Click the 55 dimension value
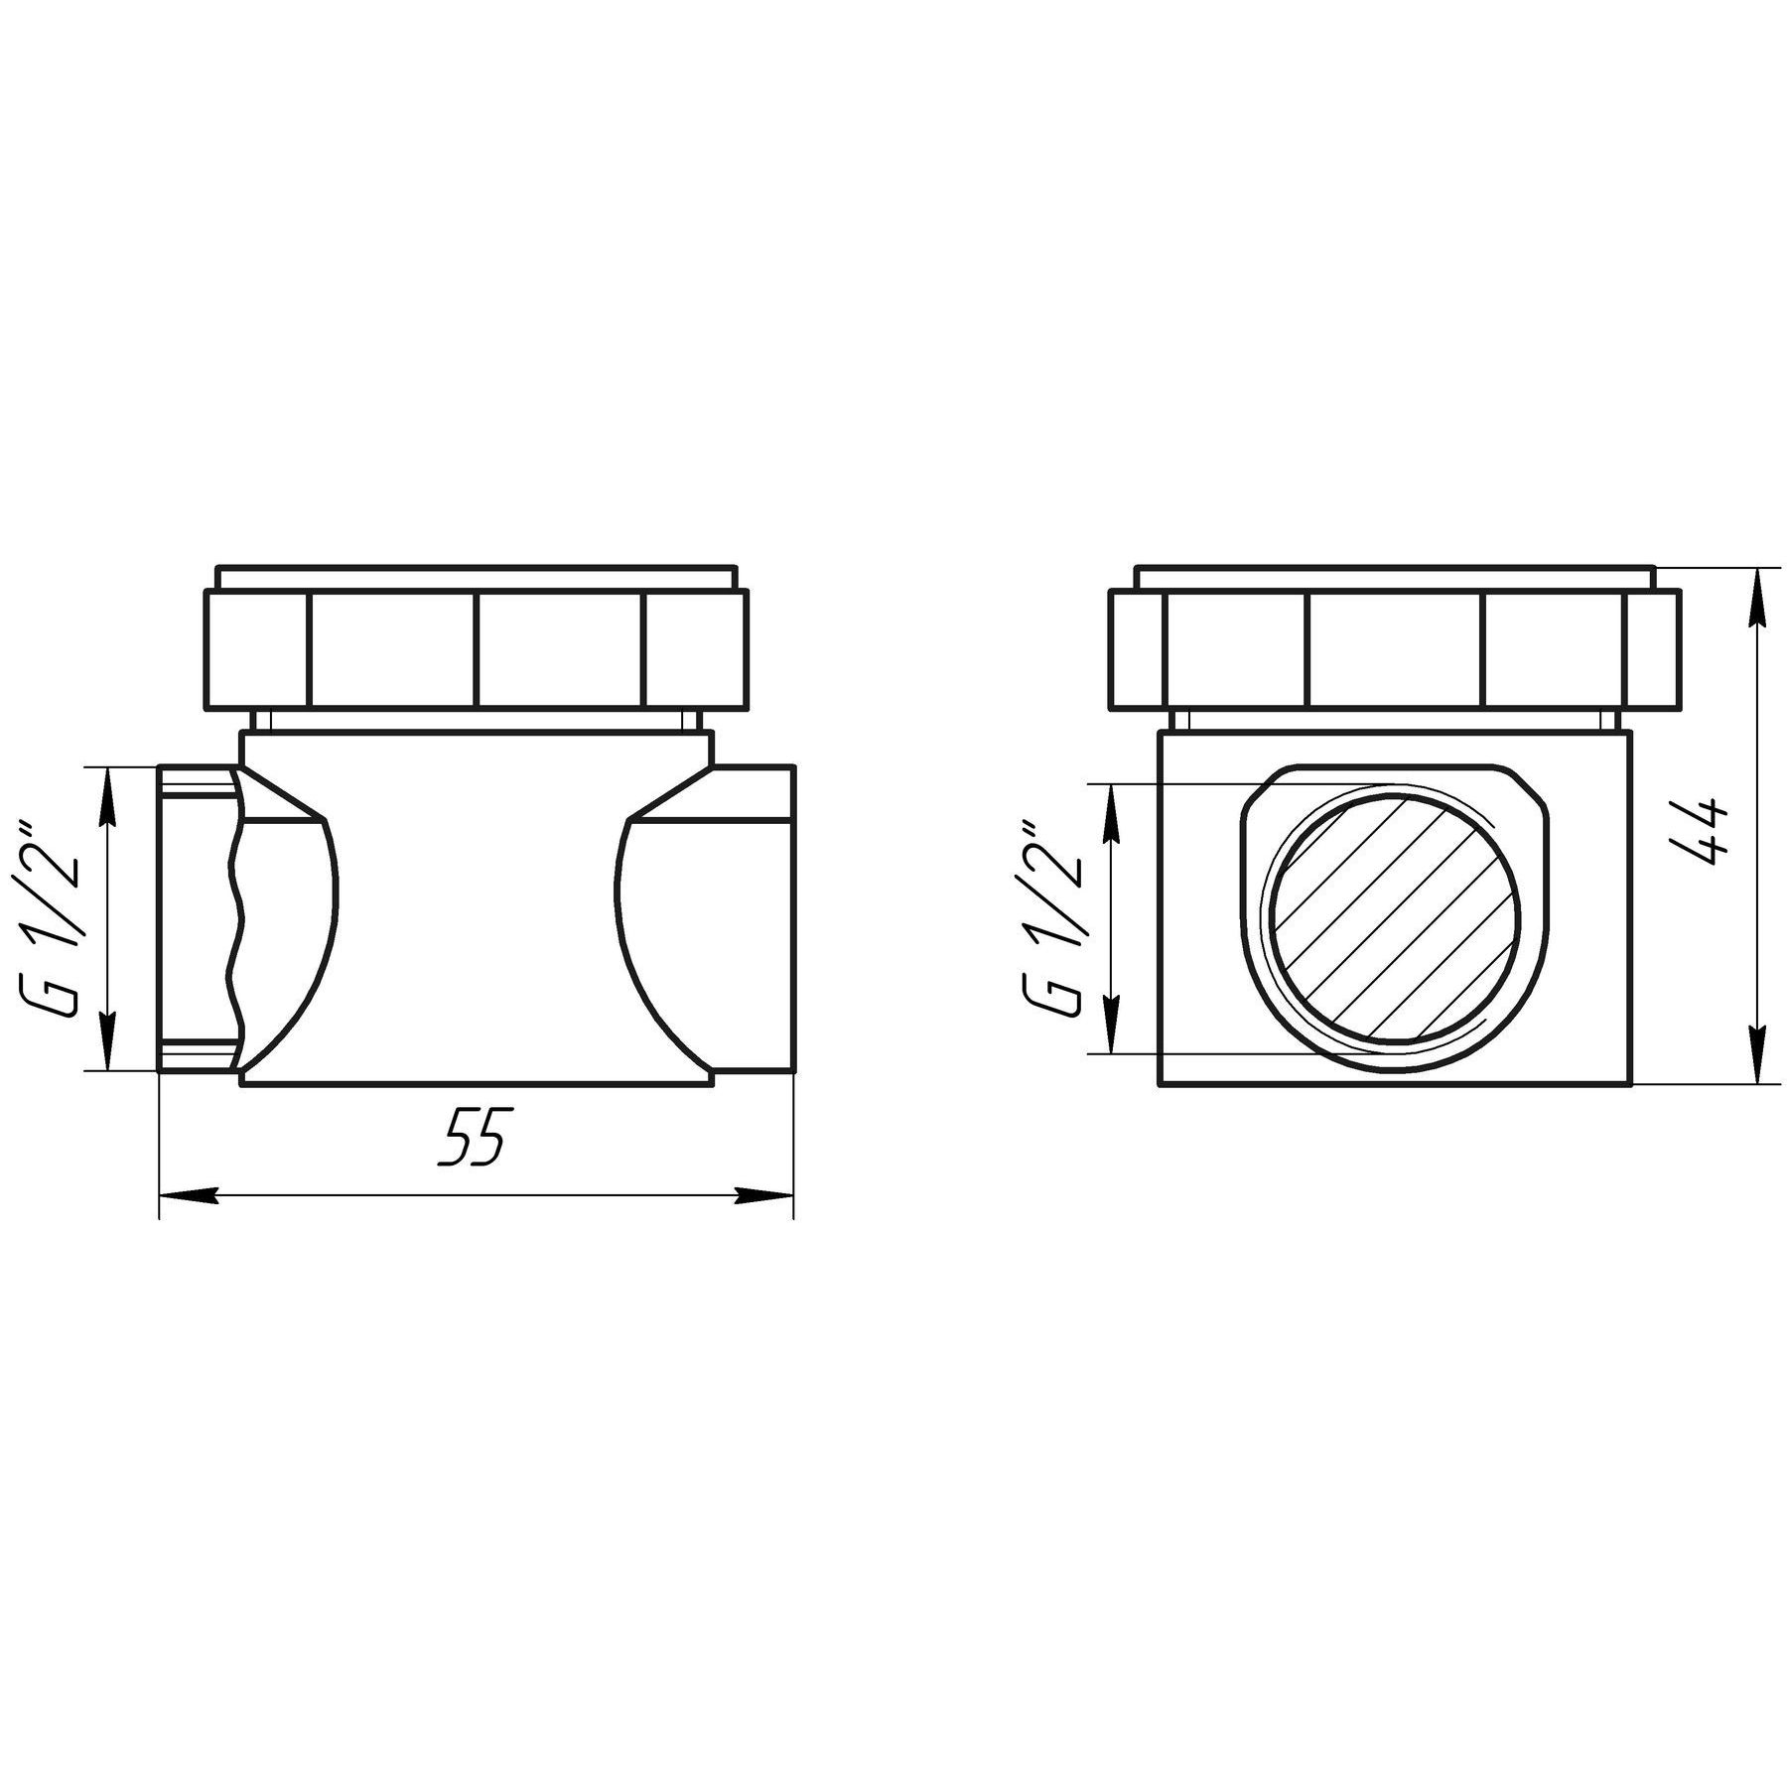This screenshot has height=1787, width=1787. (x=475, y=1136)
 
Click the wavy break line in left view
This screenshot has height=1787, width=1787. (x=235, y=918)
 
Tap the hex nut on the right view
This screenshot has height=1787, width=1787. (x=1395, y=650)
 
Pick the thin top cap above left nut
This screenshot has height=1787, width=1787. (x=477, y=577)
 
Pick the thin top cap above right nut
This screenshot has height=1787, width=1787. (x=1395, y=577)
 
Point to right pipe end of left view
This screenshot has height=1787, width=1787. (x=755, y=918)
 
